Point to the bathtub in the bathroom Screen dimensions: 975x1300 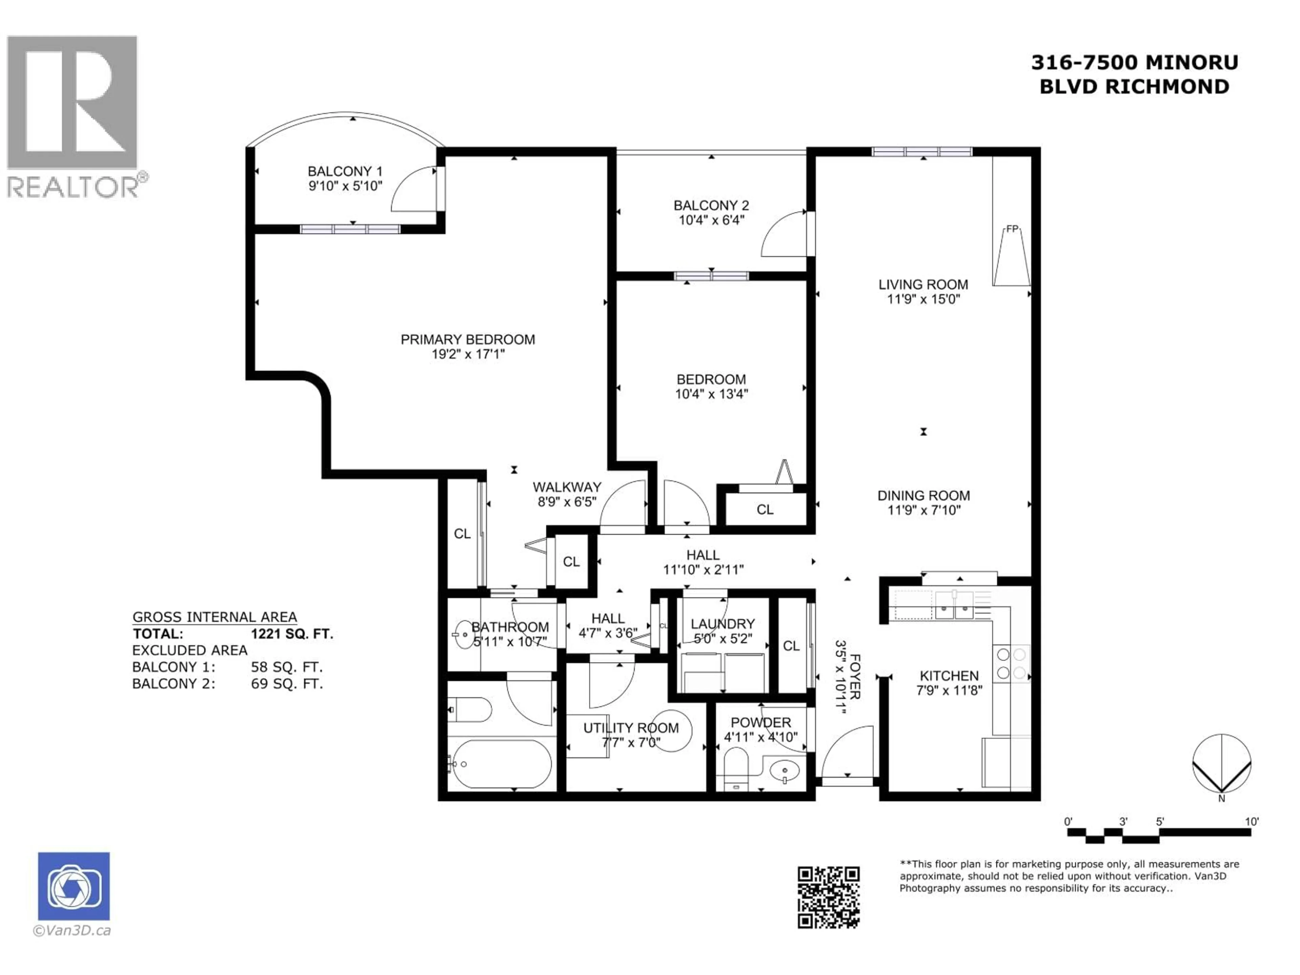[500, 764]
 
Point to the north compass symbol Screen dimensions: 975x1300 [1222, 764]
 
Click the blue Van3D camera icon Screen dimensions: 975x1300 [73, 886]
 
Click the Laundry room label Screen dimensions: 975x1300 [722, 624]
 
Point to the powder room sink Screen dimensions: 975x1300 [784, 770]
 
